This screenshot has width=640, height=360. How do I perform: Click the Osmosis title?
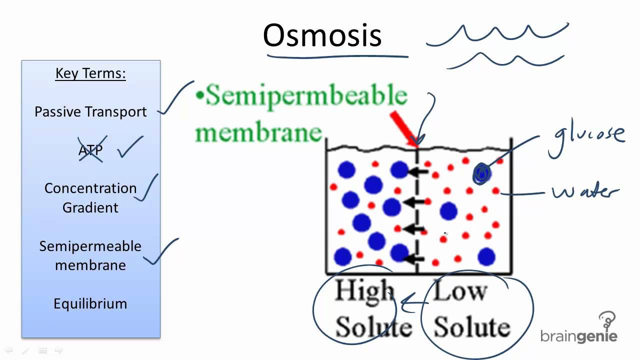[322, 35]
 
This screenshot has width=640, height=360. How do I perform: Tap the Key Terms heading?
[90, 73]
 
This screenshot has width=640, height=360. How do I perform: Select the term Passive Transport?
[90, 112]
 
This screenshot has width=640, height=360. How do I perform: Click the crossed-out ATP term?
[90, 150]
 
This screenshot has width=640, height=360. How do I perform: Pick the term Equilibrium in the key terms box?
[90, 303]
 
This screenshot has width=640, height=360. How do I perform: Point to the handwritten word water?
[585, 192]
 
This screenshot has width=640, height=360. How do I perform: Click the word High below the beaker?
[364, 290]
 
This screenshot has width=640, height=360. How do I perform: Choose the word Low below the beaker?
[459, 290]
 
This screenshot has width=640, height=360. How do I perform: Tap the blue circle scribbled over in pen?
[481, 173]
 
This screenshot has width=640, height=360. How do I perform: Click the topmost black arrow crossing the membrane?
[418, 172]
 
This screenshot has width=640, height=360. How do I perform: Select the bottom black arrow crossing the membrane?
[415, 258]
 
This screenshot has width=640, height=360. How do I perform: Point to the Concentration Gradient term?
[90, 197]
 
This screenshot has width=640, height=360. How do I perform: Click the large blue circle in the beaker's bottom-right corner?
[486, 257]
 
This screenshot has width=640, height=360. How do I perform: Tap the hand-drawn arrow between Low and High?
[414, 302]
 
